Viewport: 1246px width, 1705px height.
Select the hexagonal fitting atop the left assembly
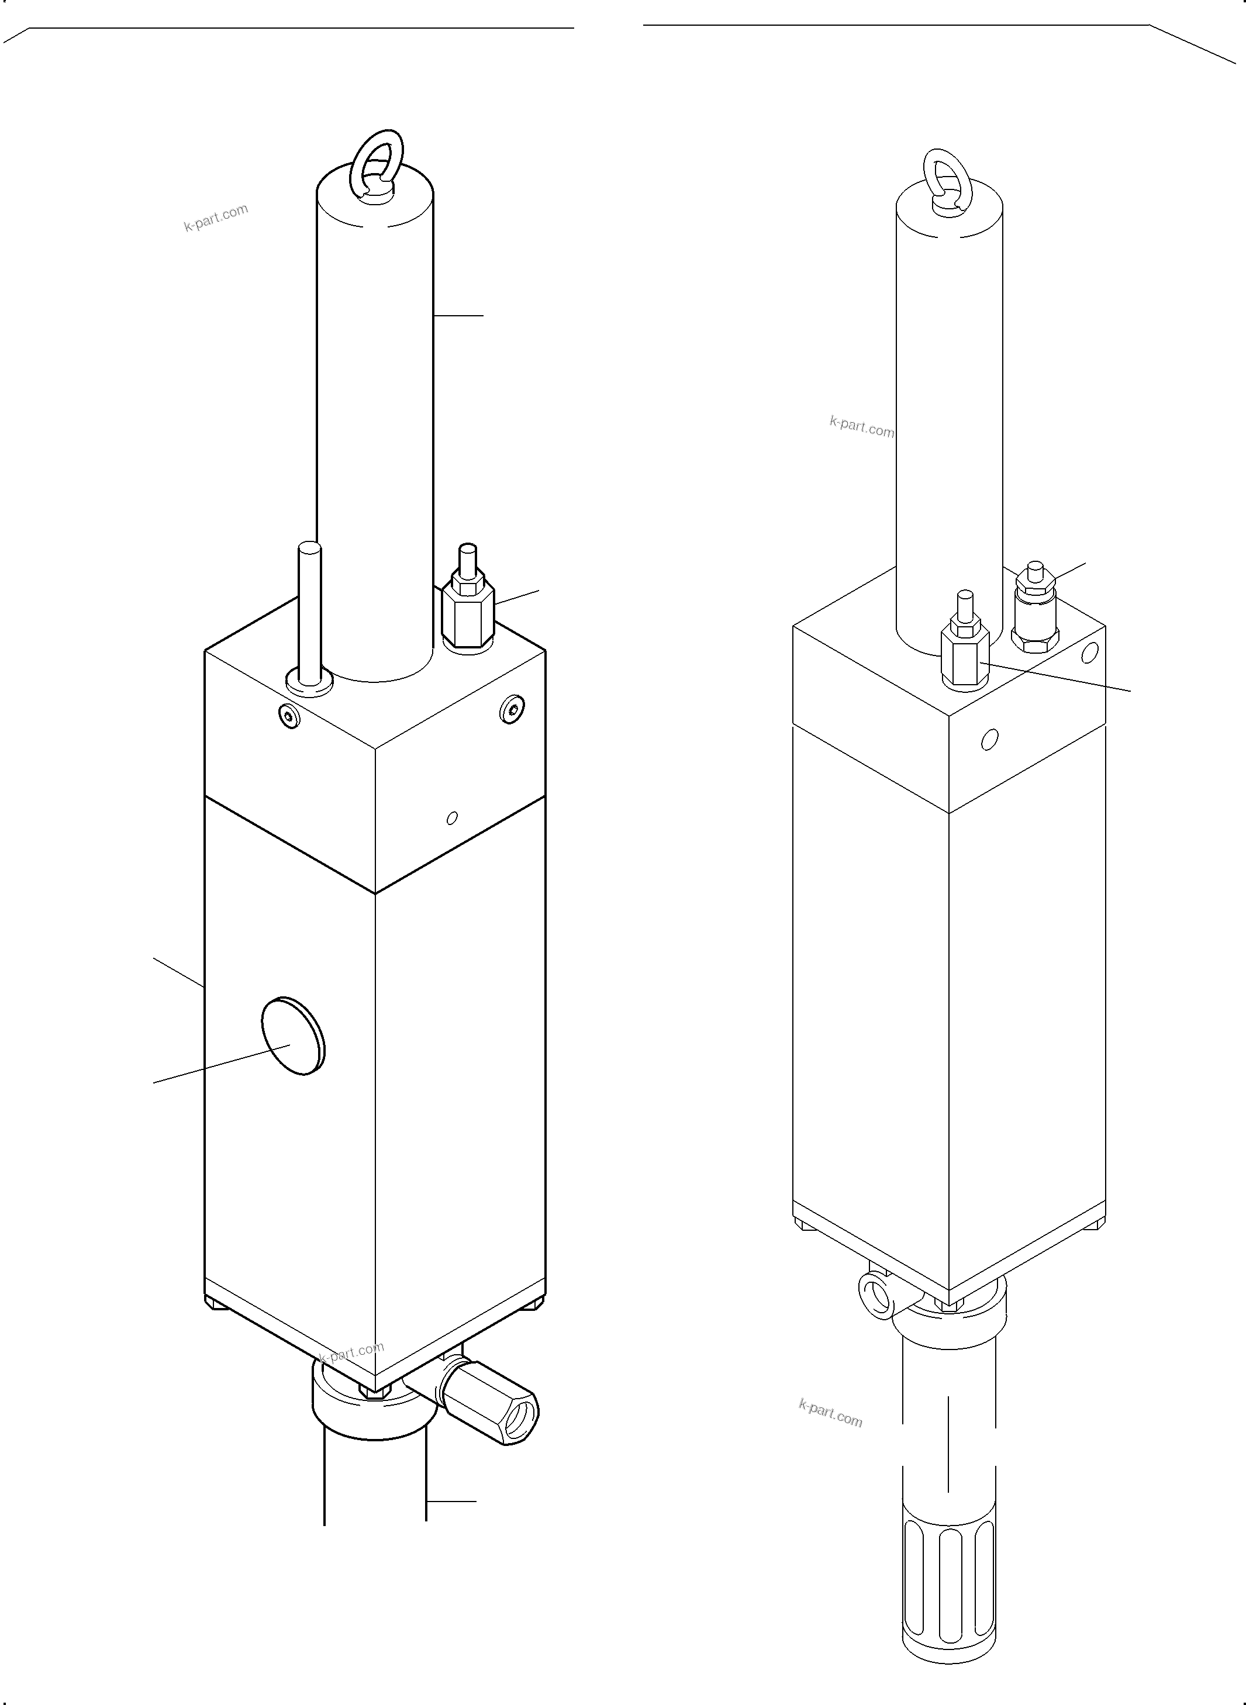coord(468,615)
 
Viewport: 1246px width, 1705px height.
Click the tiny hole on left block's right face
coord(452,817)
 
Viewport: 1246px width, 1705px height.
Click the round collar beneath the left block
coord(370,1411)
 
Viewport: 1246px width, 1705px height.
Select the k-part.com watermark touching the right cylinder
coord(861,427)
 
